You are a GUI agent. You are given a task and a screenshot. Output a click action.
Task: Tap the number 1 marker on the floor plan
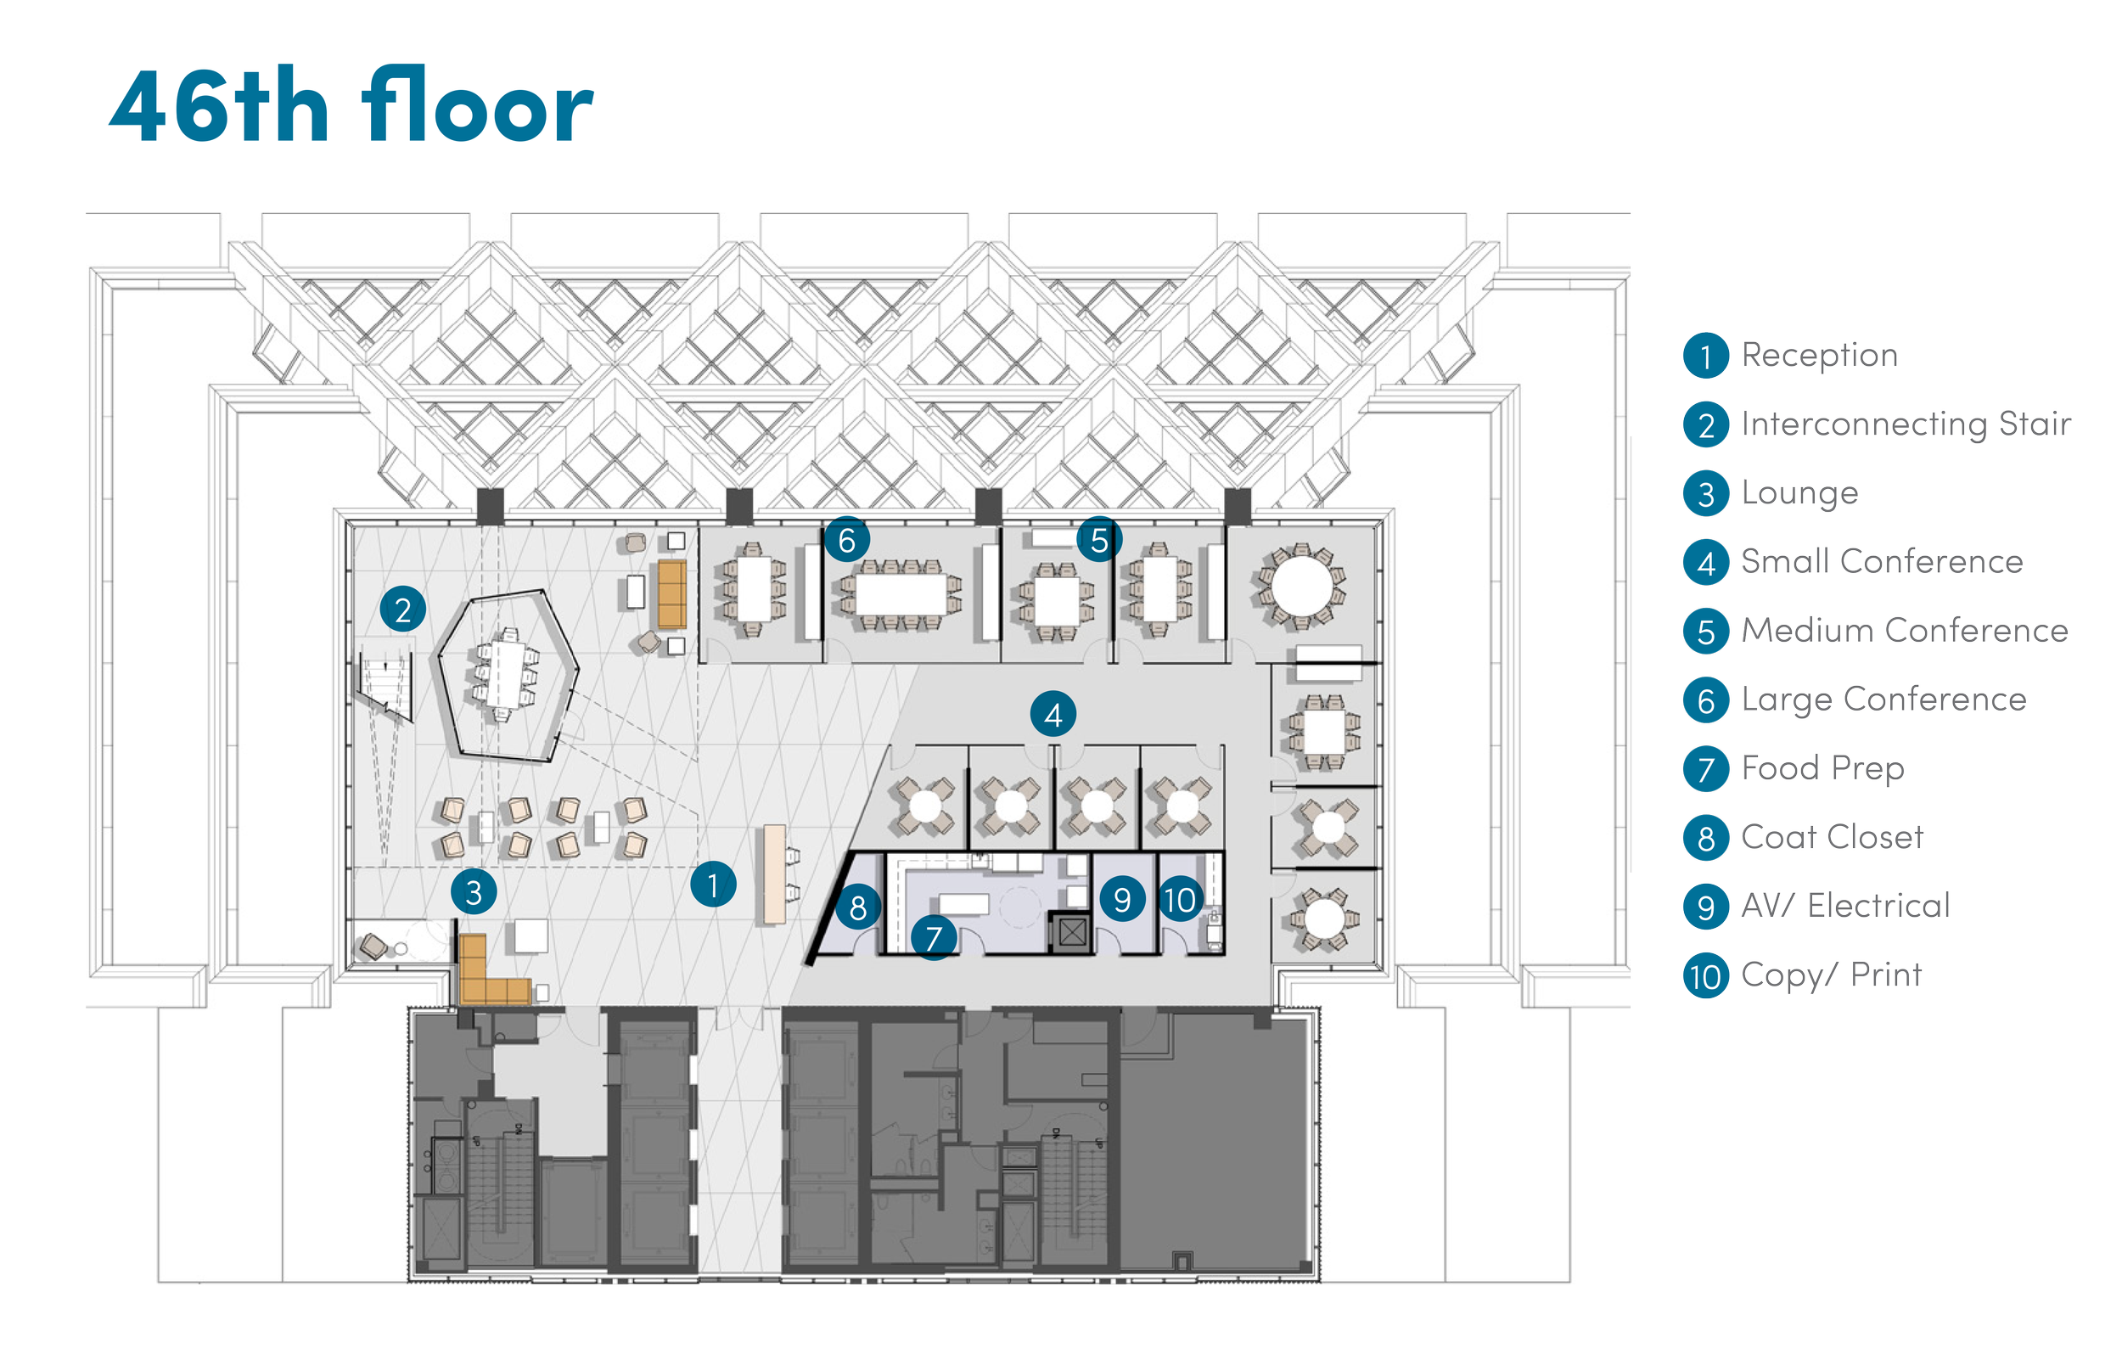(713, 885)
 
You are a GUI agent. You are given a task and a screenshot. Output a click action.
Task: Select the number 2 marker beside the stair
(402, 610)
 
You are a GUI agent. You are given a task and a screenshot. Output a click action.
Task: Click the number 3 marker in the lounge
(474, 892)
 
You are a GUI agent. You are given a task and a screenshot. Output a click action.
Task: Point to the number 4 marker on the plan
(1053, 715)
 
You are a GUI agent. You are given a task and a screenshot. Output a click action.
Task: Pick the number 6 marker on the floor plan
(847, 541)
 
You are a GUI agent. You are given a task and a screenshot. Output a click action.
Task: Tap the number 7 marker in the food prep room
(933, 938)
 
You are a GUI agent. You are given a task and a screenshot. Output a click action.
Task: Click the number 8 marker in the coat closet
(857, 907)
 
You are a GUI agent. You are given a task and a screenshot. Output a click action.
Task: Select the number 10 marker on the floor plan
(1180, 899)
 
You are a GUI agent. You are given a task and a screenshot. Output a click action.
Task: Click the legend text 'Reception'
(1819, 355)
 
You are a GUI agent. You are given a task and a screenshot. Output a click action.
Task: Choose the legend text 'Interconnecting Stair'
(1906, 424)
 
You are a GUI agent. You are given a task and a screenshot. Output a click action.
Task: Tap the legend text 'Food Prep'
(1822, 767)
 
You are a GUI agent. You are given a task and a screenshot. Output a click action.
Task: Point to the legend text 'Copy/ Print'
(1831, 975)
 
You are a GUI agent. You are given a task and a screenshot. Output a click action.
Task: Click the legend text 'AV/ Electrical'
(1845, 906)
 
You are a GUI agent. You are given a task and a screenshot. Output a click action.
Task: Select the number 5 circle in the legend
(1706, 632)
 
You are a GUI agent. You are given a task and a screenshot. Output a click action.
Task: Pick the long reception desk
(774, 874)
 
